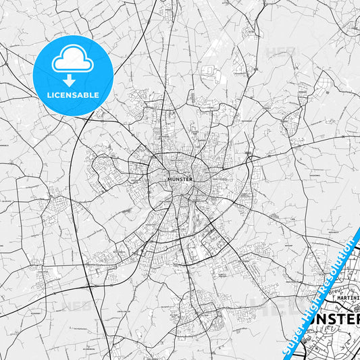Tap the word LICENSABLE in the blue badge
72,94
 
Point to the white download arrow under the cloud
72,79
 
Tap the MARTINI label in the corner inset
346,294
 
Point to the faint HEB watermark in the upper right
279,51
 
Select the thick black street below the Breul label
325,293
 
